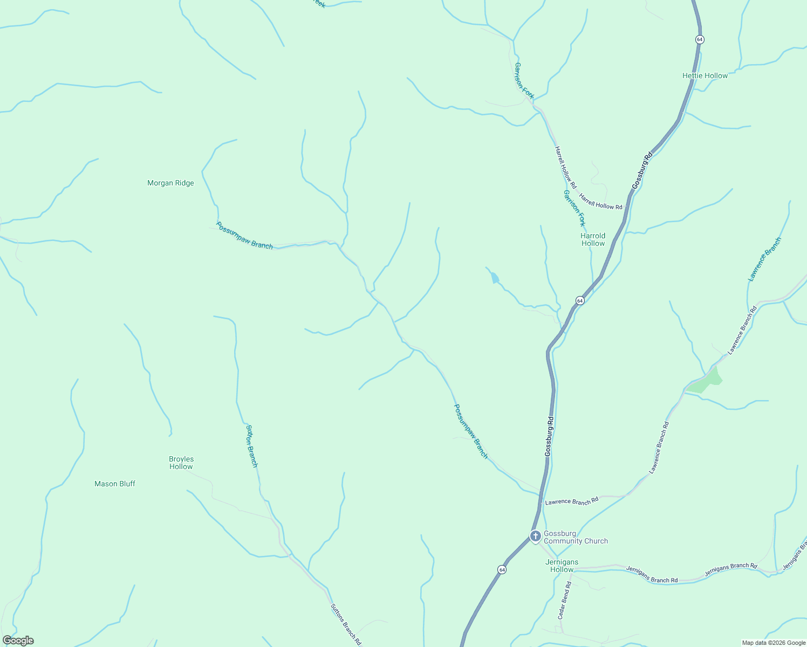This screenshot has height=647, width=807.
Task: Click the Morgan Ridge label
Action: click(x=170, y=183)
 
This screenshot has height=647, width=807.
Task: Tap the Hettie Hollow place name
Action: click(x=705, y=76)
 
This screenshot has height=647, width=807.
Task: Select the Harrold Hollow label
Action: click(x=593, y=239)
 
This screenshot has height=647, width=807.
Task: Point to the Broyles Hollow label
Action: click(x=181, y=463)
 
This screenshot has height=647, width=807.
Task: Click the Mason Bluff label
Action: click(x=115, y=484)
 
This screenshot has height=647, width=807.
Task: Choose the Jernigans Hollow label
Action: click(x=562, y=566)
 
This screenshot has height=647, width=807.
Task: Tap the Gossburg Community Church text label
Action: click(x=576, y=538)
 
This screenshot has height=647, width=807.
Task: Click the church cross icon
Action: click(x=535, y=536)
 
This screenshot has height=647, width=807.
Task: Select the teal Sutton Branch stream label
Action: click(x=252, y=446)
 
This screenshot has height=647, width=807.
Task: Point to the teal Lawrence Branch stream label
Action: click(x=764, y=259)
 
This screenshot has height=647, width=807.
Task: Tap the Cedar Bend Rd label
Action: click(x=564, y=600)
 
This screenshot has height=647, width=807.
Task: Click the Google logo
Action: click(x=18, y=641)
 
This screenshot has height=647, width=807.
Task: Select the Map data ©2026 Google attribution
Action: click(x=773, y=643)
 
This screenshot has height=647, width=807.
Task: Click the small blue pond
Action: click(x=495, y=278)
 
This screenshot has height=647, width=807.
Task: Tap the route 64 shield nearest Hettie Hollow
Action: click(x=700, y=40)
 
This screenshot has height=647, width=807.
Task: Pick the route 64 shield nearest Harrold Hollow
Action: click(x=579, y=300)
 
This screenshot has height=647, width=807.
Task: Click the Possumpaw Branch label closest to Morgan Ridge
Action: click(x=244, y=235)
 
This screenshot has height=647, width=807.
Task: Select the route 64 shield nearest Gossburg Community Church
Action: click(x=502, y=570)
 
